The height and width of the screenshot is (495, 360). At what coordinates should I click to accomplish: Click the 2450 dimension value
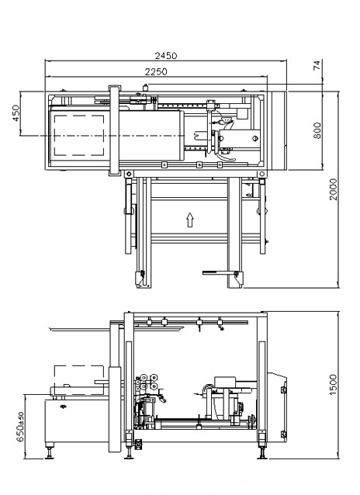(166, 56)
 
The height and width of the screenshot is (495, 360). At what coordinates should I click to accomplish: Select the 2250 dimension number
(156, 72)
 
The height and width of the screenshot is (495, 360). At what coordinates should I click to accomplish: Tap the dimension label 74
(317, 65)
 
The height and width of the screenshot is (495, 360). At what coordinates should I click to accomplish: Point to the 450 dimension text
(16, 113)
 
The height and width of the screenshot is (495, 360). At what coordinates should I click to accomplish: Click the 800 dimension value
(317, 130)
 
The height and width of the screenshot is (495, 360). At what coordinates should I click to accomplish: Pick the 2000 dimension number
(333, 189)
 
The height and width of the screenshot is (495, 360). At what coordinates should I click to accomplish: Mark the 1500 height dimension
(333, 385)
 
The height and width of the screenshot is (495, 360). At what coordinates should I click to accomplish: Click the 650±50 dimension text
(20, 427)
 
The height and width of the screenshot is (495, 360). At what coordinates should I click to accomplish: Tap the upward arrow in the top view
(189, 220)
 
